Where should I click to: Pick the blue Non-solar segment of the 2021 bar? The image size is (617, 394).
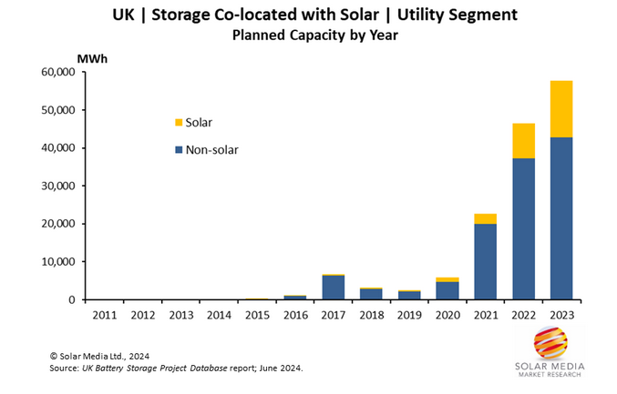[485, 261]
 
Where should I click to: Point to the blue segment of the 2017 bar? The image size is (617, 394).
[333, 288]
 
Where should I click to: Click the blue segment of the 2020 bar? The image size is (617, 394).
[447, 290]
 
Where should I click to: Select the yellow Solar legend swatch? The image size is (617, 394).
[178, 122]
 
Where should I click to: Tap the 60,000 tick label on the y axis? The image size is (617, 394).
[57, 73]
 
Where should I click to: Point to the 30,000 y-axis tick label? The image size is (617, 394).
[57, 186]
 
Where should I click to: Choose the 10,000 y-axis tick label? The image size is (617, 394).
[57, 262]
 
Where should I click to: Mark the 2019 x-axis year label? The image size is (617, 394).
[409, 315]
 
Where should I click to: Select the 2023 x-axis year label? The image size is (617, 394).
[561, 315]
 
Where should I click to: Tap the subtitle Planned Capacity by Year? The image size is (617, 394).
[308, 35]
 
